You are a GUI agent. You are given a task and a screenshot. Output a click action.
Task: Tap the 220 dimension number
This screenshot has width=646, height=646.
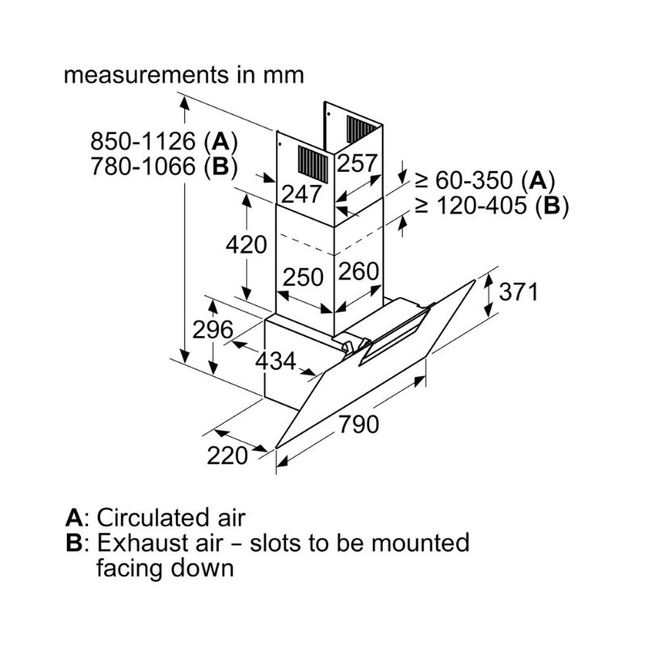(x=227, y=455)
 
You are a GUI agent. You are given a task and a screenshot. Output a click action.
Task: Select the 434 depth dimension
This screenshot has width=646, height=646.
(x=275, y=362)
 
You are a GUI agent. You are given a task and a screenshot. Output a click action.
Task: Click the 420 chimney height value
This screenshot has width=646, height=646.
(x=245, y=244)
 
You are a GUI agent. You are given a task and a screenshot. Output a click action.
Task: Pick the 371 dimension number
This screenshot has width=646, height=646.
(x=517, y=292)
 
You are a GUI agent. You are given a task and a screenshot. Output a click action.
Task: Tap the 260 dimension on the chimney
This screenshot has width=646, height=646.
(x=358, y=272)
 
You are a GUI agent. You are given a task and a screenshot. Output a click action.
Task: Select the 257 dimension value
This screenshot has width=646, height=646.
(x=357, y=164)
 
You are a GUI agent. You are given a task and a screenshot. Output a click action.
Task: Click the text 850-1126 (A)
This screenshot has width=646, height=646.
(x=163, y=142)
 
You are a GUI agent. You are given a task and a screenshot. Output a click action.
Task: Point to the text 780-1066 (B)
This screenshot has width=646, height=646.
(x=163, y=167)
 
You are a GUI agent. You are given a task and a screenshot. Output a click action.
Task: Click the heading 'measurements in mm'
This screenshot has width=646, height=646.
(x=184, y=75)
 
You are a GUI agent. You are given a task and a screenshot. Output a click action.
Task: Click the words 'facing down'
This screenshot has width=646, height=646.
(x=165, y=567)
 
